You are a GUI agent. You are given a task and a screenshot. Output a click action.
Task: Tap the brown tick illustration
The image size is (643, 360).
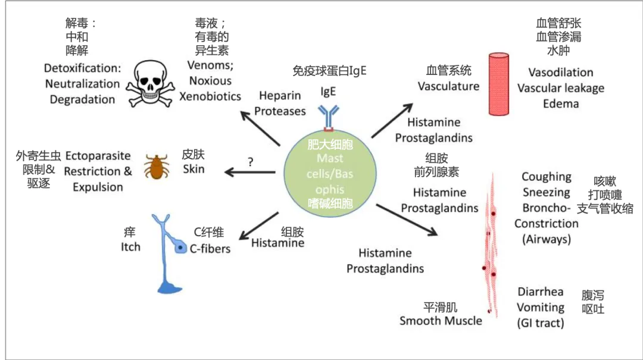tap(157, 166)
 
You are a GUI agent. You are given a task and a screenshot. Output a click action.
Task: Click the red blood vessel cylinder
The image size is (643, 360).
tap(499, 84)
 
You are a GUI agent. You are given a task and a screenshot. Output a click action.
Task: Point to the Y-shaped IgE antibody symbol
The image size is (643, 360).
tap(329, 117)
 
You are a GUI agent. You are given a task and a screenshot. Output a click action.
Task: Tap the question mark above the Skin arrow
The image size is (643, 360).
tap(251, 161)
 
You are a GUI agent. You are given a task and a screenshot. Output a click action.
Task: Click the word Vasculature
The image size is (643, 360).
tap(448, 86)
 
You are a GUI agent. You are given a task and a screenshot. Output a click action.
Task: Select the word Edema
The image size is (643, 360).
tap(560, 104)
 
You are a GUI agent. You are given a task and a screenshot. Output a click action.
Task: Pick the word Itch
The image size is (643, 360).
tap(130, 246)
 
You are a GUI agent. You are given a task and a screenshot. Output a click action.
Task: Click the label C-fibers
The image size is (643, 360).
tap(210, 249)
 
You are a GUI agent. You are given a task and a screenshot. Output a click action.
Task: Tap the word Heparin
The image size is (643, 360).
tap(279, 96)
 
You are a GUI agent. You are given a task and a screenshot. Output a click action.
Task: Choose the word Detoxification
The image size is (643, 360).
tap(82, 68)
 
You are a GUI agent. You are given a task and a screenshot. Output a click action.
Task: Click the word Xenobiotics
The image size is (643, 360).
tap(210, 96)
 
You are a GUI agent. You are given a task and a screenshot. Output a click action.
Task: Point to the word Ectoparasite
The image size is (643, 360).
tap(98, 156)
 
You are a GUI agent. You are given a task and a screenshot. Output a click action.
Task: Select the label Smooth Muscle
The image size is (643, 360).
tap(441, 321)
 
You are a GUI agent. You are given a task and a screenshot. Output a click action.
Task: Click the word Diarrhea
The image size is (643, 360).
tap(540, 292)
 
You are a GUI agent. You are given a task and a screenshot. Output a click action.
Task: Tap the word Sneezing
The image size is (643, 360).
tap(546, 192)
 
